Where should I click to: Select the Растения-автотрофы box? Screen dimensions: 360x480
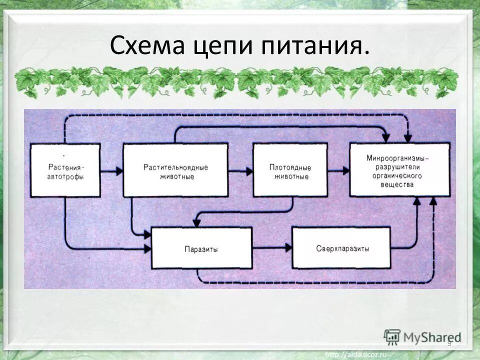(x=65, y=170)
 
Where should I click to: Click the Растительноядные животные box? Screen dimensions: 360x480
(x=175, y=170)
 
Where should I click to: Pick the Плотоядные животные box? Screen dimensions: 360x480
(x=290, y=170)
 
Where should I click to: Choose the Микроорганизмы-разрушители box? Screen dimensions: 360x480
(x=399, y=169)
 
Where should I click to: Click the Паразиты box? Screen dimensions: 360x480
(x=200, y=248)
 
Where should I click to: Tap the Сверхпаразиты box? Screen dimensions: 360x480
(x=341, y=247)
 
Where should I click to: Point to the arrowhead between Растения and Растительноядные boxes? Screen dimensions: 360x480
(x=118, y=171)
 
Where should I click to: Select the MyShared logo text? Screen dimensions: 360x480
(x=432, y=336)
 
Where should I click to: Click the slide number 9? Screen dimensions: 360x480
(x=448, y=343)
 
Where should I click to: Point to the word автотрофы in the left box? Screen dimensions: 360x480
(x=66, y=176)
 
